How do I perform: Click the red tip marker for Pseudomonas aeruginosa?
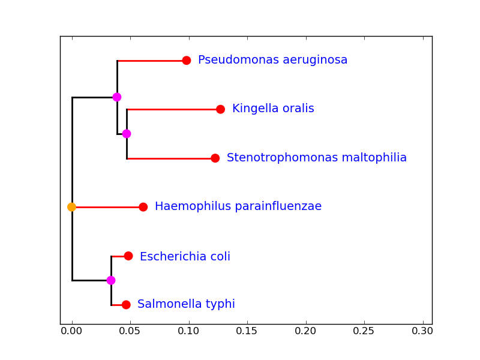(x=187, y=61)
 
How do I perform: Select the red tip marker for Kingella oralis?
(x=220, y=109)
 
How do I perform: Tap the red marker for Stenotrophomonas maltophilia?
(x=215, y=158)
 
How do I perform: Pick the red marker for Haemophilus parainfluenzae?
(x=143, y=207)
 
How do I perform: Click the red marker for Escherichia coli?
(x=128, y=256)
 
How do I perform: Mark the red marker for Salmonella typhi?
(x=126, y=305)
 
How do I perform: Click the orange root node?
(x=72, y=207)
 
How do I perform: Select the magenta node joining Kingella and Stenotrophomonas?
(x=127, y=134)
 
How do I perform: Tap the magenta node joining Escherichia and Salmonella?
(x=111, y=280)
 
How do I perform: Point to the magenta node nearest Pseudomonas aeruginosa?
(x=117, y=97)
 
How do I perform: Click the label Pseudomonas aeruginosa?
(x=272, y=60)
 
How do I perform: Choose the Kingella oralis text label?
(x=273, y=109)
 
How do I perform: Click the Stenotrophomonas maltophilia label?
(x=316, y=158)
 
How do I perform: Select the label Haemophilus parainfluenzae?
(x=238, y=206)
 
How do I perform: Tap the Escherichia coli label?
(x=185, y=257)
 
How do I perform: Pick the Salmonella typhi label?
(x=186, y=304)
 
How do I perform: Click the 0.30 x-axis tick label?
(x=423, y=331)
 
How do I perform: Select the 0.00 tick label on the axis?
(x=72, y=331)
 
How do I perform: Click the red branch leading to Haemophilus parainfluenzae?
(x=108, y=207)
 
